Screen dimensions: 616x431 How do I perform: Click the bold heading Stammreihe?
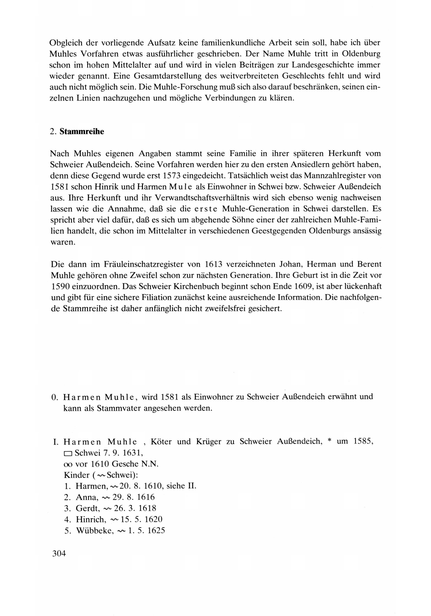(x=82, y=132)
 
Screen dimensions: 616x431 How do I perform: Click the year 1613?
(x=214, y=264)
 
